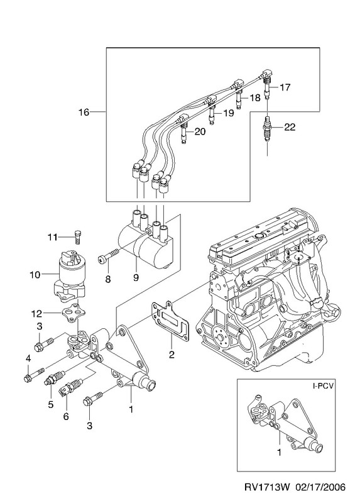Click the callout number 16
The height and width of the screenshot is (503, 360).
coord(84,113)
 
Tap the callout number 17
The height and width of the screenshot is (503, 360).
coord(285,87)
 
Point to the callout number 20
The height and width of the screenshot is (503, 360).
coord(200,131)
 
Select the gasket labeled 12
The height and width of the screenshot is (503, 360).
coord(71,313)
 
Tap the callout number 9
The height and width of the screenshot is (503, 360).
coord(136,278)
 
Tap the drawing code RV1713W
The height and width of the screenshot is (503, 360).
coord(268,487)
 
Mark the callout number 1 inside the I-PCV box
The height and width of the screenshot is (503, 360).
coord(279,453)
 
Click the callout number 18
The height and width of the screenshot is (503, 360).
coord(255,98)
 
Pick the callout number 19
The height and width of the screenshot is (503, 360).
coord(229,113)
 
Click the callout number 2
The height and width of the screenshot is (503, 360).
coord(172,354)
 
